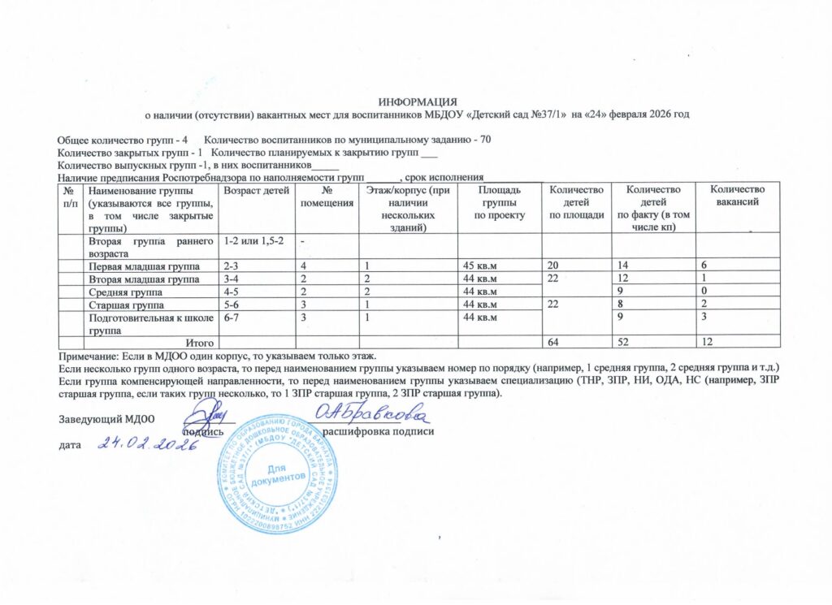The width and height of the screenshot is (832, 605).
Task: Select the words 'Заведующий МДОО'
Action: click(x=106, y=419)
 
